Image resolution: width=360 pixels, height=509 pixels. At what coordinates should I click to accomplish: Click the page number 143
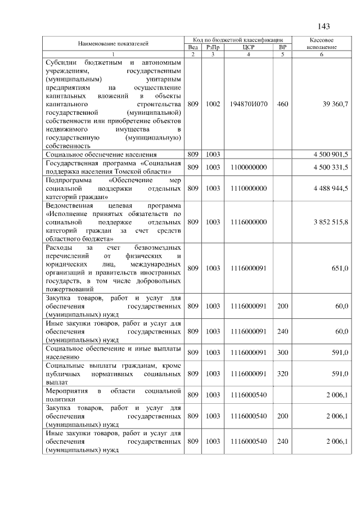323,27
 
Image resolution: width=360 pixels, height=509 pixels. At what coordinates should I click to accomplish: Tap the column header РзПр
213,47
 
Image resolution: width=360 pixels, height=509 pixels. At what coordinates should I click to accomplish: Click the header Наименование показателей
114,44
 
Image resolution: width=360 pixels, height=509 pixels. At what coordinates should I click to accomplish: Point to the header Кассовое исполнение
322,44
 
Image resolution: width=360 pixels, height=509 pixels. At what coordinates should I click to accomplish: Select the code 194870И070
248,105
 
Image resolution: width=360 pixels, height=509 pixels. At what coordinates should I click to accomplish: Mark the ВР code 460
282,105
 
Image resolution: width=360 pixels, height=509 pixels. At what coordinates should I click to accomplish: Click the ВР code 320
282,373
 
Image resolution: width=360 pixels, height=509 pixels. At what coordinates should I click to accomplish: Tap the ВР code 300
282,352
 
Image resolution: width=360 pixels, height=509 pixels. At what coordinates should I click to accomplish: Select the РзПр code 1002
213,105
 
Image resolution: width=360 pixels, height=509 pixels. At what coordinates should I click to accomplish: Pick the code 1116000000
248,222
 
